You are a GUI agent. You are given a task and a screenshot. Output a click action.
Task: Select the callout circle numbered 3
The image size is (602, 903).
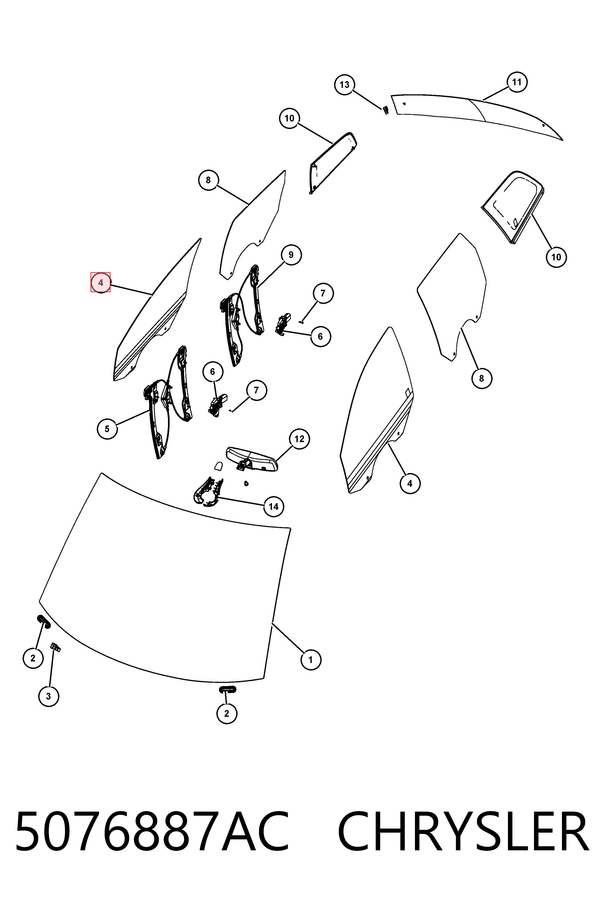[49, 696]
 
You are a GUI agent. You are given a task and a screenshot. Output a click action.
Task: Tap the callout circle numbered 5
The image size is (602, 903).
[107, 429]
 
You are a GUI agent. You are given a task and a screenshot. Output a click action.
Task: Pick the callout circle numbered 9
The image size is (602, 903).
[291, 255]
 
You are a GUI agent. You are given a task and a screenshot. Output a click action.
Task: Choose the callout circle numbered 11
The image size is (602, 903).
[517, 82]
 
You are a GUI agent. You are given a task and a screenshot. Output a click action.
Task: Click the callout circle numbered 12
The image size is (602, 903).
[299, 439]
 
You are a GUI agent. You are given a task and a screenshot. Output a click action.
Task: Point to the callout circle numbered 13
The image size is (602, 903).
[345, 84]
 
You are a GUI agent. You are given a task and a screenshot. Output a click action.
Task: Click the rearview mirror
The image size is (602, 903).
[252, 459]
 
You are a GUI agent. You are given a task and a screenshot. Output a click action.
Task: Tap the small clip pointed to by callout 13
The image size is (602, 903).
[385, 110]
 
